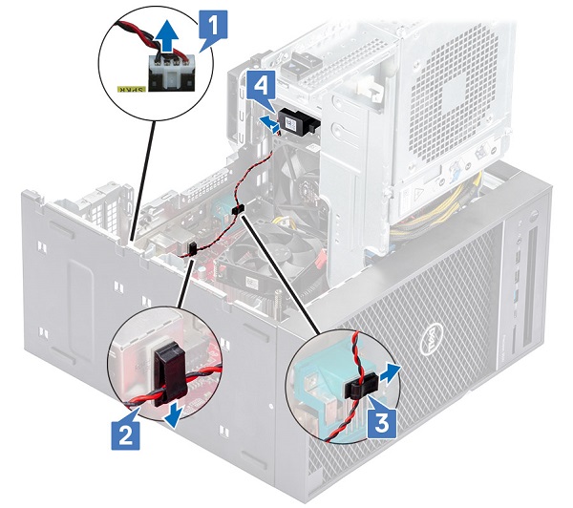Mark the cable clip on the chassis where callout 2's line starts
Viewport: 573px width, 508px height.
click(x=191, y=249)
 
